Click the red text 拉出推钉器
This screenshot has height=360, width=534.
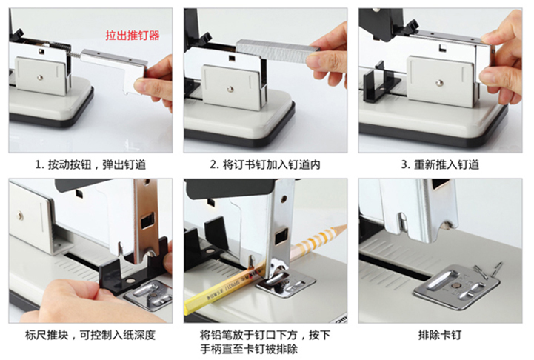[x=133, y=35]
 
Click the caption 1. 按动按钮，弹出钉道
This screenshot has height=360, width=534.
[x=90, y=165]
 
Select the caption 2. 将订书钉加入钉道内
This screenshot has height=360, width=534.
[x=265, y=165]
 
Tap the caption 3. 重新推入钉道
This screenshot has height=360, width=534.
[x=440, y=165]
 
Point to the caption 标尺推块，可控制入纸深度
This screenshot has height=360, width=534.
[x=90, y=335]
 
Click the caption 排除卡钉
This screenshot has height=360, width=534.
[x=440, y=335]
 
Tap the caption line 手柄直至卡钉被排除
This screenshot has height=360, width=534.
[x=249, y=349]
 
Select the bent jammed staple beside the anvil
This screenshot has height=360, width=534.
[x=490, y=271]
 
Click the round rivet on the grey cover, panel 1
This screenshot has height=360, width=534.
[x=40, y=78]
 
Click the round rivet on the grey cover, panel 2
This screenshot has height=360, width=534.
[x=230, y=90]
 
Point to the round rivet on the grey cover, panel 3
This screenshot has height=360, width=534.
[x=439, y=83]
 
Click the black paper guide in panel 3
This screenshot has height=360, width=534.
[x=381, y=83]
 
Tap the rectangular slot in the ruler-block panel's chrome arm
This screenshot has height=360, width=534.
[x=147, y=221]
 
